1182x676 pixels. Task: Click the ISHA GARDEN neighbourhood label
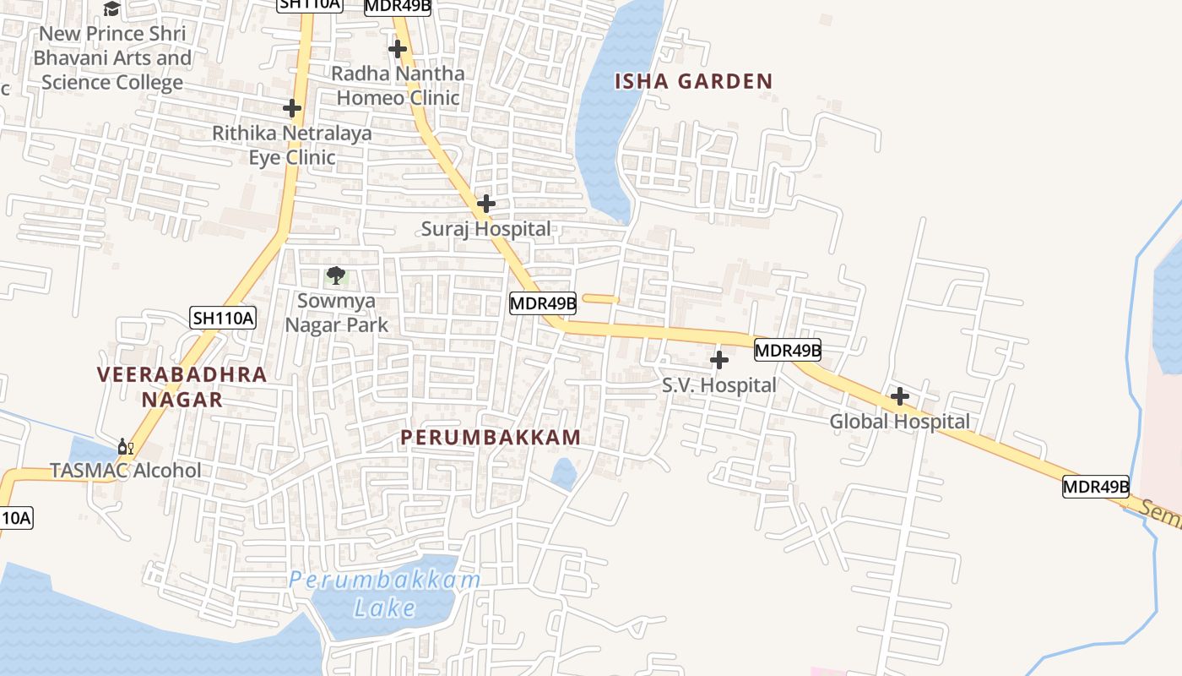click(693, 82)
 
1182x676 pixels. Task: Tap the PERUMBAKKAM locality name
click(491, 438)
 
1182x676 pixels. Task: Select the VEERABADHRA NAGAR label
click(182, 386)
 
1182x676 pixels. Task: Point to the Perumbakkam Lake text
click(385, 593)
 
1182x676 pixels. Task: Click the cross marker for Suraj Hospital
click(486, 204)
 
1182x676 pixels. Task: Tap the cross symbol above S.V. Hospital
click(719, 361)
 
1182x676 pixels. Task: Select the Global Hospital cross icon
click(900, 396)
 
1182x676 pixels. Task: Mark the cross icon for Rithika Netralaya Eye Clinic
click(292, 108)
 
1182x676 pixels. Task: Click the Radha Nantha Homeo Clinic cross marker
click(398, 49)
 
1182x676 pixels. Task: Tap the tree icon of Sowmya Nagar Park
click(336, 275)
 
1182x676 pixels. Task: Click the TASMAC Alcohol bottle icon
click(125, 447)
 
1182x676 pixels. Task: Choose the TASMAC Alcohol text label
click(126, 471)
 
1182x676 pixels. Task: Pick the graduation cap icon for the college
click(111, 9)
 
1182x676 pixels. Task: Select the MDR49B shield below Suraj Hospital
click(543, 303)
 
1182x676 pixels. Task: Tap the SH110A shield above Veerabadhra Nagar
click(223, 318)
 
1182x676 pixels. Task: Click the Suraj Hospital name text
click(486, 228)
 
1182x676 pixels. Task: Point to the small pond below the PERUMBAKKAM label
click(564, 474)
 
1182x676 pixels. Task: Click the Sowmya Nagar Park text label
click(336, 313)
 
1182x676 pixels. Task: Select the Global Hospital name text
click(900, 421)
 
